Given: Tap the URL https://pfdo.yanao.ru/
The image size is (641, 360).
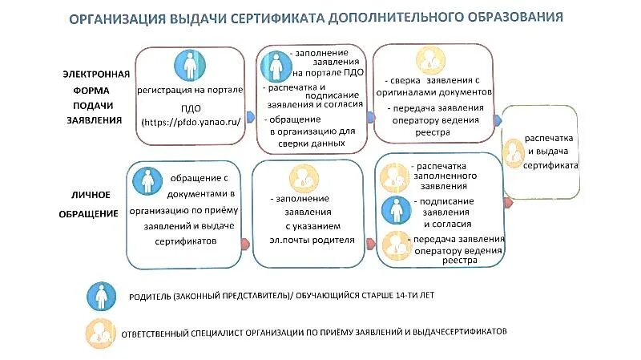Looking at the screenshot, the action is [x=190, y=121].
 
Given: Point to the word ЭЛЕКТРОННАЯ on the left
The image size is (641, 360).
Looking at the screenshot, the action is [x=94, y=74].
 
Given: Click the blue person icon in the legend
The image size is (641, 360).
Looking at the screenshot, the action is [x=100, y=297].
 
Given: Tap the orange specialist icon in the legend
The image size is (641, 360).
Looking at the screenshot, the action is [x=100, y=331].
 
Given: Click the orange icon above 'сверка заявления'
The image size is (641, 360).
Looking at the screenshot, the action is [x=429, y=60].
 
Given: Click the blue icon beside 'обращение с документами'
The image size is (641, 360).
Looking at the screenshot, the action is [x=148, y=181].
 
